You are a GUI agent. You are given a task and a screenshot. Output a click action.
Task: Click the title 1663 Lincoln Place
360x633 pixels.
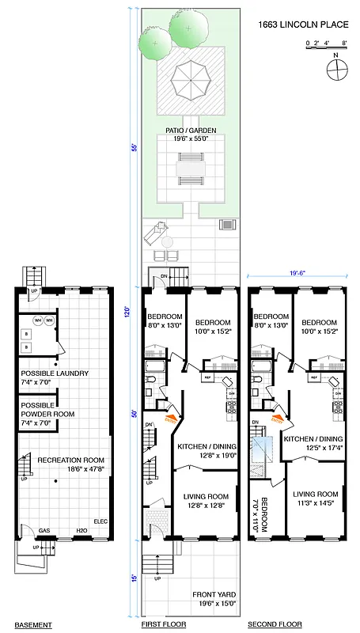tap(303, 25)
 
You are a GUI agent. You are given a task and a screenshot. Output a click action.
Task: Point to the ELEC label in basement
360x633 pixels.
tap(100, 521)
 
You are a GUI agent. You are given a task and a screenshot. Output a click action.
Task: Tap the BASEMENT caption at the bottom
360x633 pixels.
tap(32, 625)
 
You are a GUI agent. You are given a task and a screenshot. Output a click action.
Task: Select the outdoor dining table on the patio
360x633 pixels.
tap(191, 169)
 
